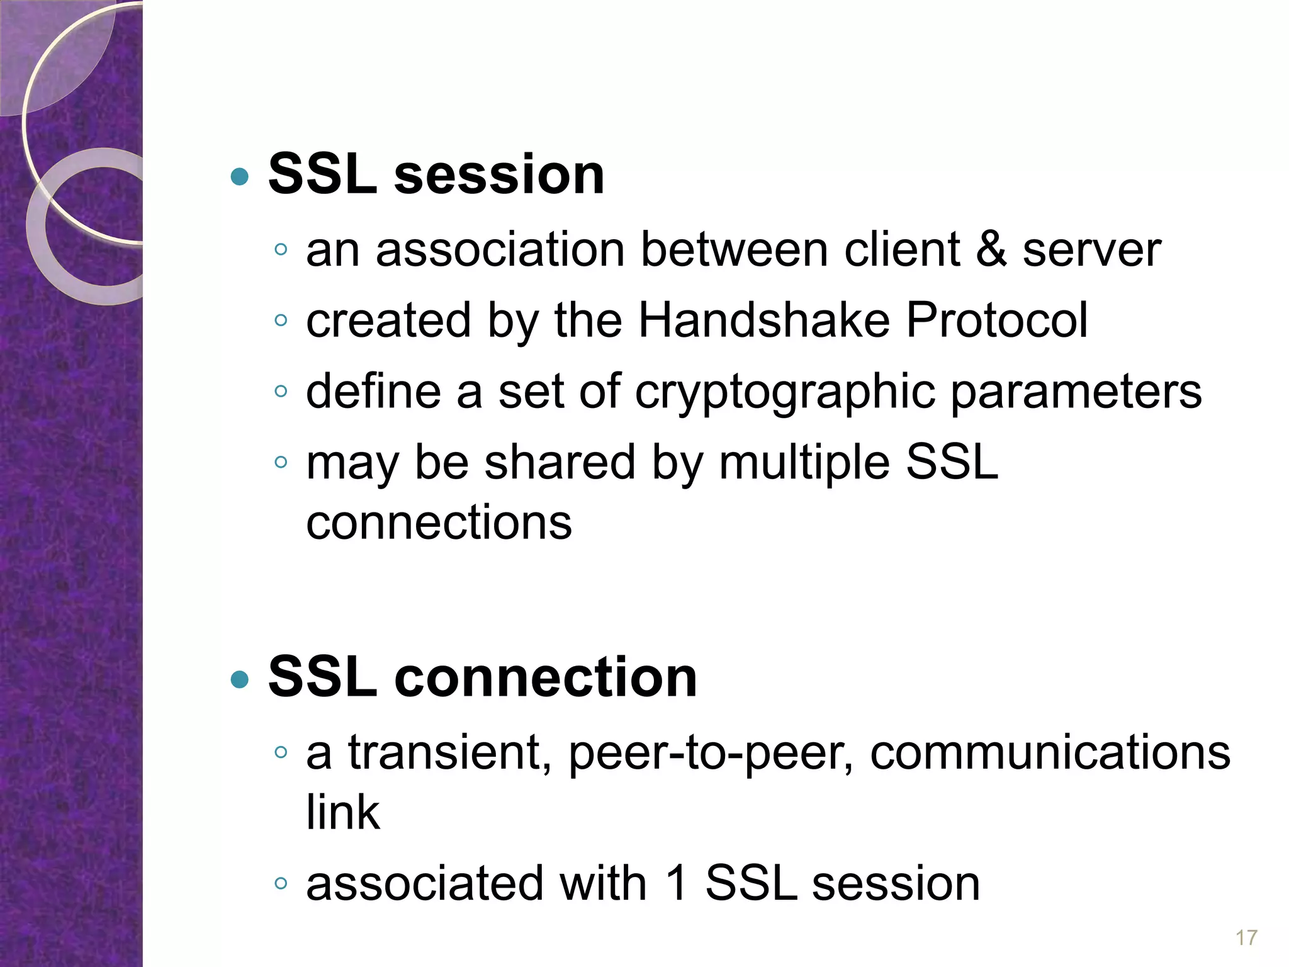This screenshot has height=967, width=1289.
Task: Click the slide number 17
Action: [x=1246, y=937]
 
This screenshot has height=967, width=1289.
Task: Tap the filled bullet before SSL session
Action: [x=240, y=177]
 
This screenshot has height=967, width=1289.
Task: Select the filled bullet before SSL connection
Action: [x=240, y=679]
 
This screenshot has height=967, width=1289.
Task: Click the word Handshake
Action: [x=763, y=320]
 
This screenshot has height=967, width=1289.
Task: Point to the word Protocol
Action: [x=996, y=320]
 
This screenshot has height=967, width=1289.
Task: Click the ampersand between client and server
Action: [x=991, y=250]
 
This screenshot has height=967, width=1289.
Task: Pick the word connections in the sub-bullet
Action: [x=439, y=523]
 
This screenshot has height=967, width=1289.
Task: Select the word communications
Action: [x=1050, y=752]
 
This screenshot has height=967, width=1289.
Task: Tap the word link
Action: [x=343, y=812]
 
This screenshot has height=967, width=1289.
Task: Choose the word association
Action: [x=500, y=250]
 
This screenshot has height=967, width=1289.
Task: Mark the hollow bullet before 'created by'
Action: [x=281, y=321]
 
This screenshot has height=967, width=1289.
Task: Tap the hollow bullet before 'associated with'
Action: [x=281, y=884]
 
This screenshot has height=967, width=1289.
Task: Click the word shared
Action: [x=560, y=463]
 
